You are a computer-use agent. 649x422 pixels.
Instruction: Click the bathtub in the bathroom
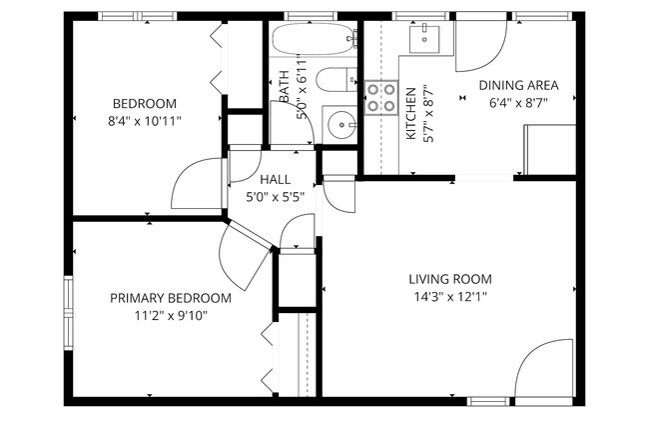(x=314, y=39)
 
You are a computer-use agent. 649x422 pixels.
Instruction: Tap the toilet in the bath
(x=335, y=79)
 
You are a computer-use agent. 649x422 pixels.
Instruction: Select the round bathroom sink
(x=341, y=125)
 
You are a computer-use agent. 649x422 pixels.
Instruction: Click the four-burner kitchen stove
(x=381, y=97)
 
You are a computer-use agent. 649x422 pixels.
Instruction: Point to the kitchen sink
(x=424, y=39)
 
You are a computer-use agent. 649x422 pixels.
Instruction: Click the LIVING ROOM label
(x=450, y=279)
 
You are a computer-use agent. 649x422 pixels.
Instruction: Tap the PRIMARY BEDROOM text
(x=171, y=298)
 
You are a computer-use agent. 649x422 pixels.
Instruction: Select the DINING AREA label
(x=518, y=85)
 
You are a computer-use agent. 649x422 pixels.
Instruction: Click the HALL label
(x=276, y=179)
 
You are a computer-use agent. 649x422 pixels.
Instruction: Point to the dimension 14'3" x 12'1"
(x=450, y=297)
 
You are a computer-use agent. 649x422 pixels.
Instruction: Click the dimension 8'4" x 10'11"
(x=145, y=121)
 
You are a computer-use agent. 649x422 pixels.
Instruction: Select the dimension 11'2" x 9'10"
(x=171, y=316)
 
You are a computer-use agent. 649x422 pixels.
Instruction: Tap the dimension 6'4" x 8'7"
(x=518, y=103)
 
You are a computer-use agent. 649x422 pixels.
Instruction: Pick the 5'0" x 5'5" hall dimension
(x=276, y=197)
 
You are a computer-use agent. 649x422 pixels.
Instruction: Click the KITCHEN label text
(x=410, y=114)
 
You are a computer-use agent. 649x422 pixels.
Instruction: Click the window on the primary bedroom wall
(x=68, y=313)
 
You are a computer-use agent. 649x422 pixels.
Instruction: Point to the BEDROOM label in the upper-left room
(x=145, y=103)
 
